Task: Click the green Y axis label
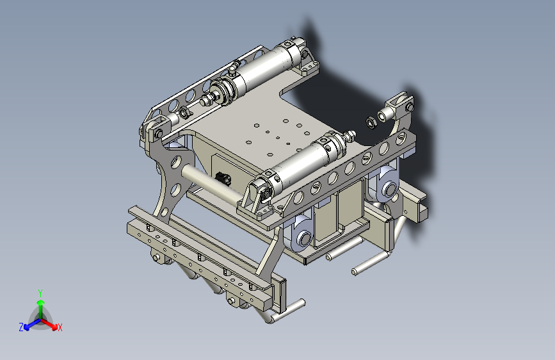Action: (x=40, y=293)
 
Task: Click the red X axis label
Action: (x=60, y=327)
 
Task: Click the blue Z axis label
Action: (x=21, y=327)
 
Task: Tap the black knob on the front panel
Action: (x=223, y=178)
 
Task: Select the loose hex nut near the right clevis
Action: (x=371, y=122)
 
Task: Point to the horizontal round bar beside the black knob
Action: (x=213, y=186)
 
